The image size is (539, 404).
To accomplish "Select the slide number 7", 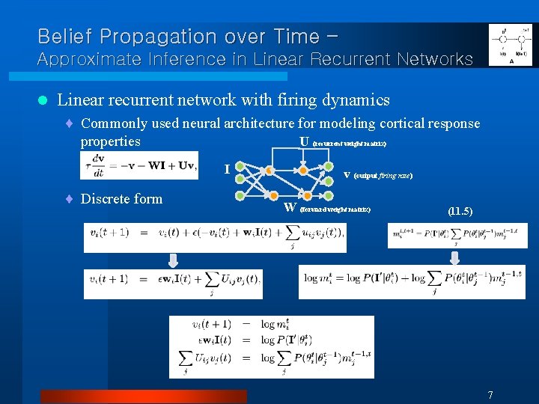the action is [x=490, y=395].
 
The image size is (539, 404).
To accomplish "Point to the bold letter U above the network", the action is [x=304, y=141].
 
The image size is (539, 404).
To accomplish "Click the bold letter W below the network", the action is [x=290, y=207].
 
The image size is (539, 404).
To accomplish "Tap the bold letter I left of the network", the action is [x=226, y=170].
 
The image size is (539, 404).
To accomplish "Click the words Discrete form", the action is [x=121, y=198].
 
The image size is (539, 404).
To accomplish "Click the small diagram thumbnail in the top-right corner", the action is [x=510, y=45].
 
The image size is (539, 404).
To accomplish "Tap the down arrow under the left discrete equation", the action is [x=173, y=260].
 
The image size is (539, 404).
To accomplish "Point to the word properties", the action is [x=110, y=141].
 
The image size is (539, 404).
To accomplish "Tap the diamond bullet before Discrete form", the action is [x=68, y=199].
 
